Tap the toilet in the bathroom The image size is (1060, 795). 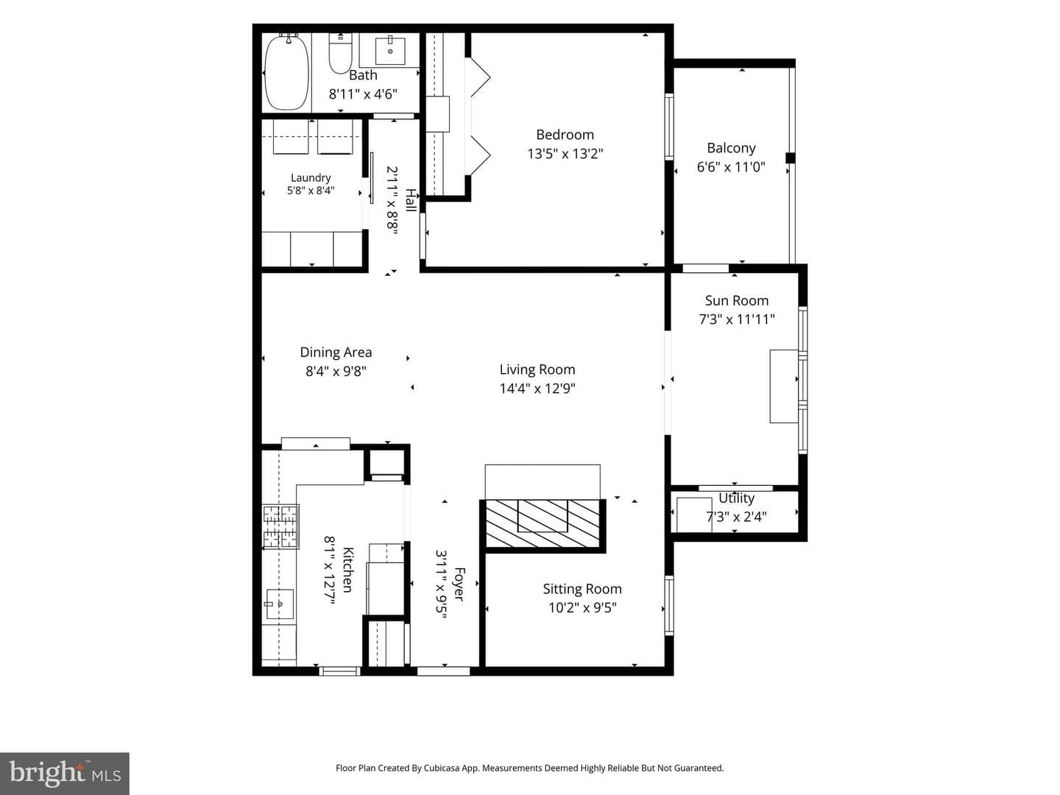[x=341, y=53]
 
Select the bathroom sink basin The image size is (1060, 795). [x=389, y=50]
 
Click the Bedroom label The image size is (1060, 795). [x=565, y=135]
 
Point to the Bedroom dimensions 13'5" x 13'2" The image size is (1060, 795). [x=565, y=154]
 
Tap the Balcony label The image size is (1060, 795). [x=731, y=148]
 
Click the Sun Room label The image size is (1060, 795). [x=736, y=301]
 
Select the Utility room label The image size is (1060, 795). [x=736, y=498]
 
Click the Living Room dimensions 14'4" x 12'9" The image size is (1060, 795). [x=537, y=389]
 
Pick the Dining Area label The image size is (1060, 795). [x=336, y=353]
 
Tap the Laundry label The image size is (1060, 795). [x=311, y=178]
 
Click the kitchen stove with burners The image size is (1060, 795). [x=280, y=526]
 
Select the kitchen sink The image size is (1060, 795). [x=280, y=604]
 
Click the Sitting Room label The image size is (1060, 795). [x=582, y=589]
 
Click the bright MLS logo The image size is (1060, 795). [x=65, y=773]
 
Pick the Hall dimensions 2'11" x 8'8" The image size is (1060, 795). [x=392, y=200]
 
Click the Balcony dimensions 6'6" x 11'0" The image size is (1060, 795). [x=731, y=168]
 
